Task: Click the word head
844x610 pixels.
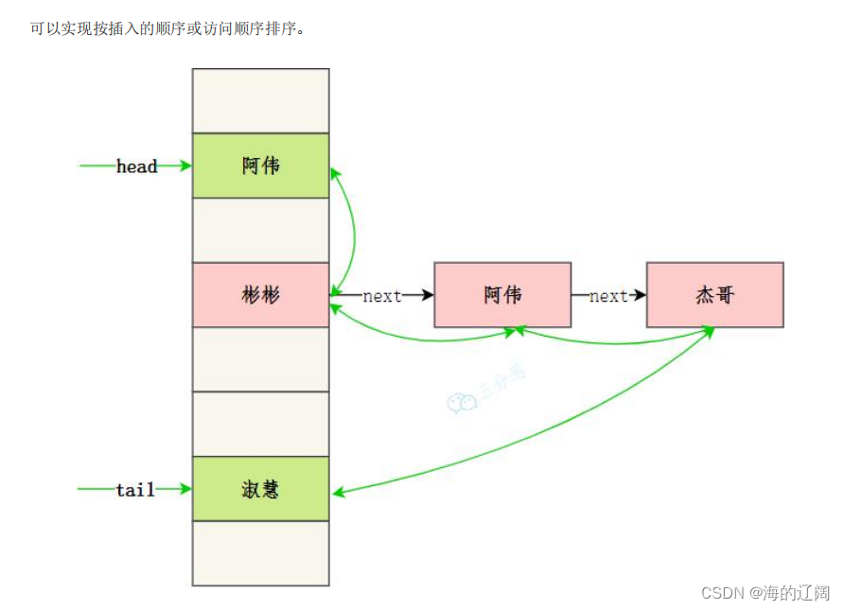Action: click(x=136, y=166)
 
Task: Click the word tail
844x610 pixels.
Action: click(x=135, y=490)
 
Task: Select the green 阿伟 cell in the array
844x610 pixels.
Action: click(x=260, y=166)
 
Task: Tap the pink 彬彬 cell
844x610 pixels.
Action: click(x=260, y=295)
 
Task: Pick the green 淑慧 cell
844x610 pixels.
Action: click(x=260, y=489)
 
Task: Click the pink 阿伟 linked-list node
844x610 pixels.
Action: click(x=502, y=295)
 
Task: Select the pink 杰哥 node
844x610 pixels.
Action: click(x=714, y=295)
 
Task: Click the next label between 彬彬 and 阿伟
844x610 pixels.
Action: click(x=382, y=296)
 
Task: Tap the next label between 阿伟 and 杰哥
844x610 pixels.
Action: click(x=608, y=296)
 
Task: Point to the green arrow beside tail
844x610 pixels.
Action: click(x=96, y=489)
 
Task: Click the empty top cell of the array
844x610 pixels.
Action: click(x=260, y=100)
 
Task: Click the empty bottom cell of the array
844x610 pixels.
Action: click(x=260, y=553)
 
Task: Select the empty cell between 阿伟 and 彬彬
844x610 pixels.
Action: click(x=260, y=230)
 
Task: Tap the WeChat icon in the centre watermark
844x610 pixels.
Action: click(x=462, y=403)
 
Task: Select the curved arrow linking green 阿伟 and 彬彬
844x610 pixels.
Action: click(x=353, y=230)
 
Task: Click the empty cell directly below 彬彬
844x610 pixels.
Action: click(x=260, y=359)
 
